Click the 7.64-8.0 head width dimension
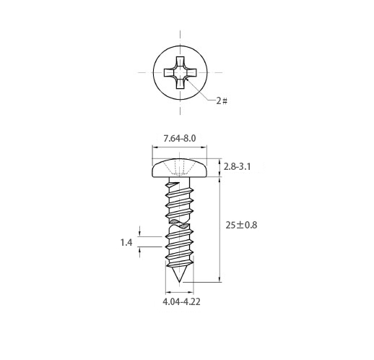pos(180,139)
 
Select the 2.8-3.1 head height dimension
pos(237,166)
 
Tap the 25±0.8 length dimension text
pos(241,225)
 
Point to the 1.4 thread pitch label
pos(126,242)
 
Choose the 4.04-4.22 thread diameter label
pos(181,301)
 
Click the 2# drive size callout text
pos(222,100)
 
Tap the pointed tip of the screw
pos(179,281)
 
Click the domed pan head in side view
pos(180,168)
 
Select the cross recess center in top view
pos(180,72)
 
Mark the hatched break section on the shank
pos(180,223)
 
